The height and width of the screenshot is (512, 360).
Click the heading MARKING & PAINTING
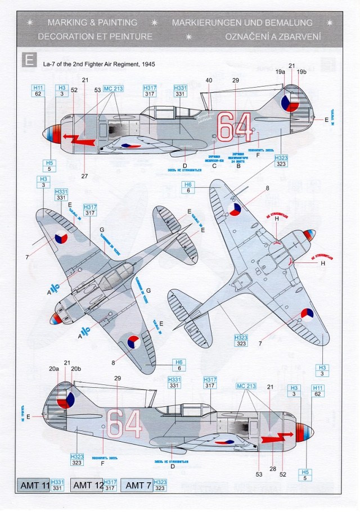(x=92, y=22)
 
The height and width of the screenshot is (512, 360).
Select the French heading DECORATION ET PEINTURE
(x=94, y=36)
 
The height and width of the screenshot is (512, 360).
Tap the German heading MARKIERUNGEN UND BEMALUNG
(x=242, y=22)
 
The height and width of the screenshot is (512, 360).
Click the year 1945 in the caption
(x=146, y=65)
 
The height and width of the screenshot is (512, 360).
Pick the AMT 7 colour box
(x=137, y=484)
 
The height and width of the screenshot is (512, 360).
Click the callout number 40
(x=209, y=80)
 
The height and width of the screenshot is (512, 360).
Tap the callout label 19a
(x=281, y=72)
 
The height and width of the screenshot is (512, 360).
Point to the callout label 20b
(x=77, y=369)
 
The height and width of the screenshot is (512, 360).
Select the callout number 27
(x=84, y=176)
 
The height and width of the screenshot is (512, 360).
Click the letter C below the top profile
(x=214, y=166)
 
